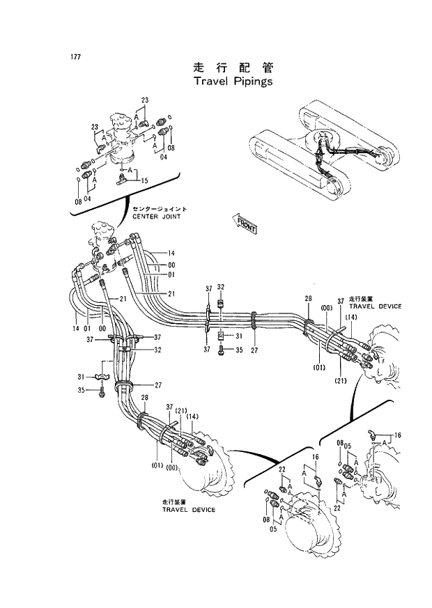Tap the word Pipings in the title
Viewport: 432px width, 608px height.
click(x=252, y=81)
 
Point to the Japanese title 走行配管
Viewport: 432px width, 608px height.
click(x=233, y=68)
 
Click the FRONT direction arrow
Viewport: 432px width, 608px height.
click(x=245, y=224)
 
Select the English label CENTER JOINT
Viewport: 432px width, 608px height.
click(x=156, y=217)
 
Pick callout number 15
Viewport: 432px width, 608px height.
click(x=144, y=181)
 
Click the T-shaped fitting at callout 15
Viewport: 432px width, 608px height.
click(x=123, y=178)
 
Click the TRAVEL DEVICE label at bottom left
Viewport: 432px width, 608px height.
click(x=189, y=509)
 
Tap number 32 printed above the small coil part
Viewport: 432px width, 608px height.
click(x=221, y=287)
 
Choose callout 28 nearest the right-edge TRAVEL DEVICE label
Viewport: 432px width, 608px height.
click(x=307, y=299)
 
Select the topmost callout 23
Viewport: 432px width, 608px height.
click(x=144, y=101)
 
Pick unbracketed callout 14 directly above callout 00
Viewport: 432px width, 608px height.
click(x=171, y=253)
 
